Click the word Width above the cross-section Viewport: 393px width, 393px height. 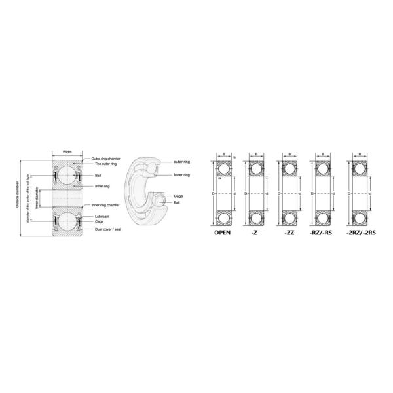[x=67, y=152]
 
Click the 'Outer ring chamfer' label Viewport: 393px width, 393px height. [x=104, y=159]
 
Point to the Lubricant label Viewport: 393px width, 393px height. [x=101, y=215]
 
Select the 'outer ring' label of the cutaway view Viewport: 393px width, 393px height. [x=182, y=161]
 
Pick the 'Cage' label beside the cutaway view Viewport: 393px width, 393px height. [x=178, y=196]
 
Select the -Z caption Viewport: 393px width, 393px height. [x=255, y=233]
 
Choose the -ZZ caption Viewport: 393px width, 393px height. [x=288, y=233]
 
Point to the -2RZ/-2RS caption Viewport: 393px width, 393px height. [x=360, y=233]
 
